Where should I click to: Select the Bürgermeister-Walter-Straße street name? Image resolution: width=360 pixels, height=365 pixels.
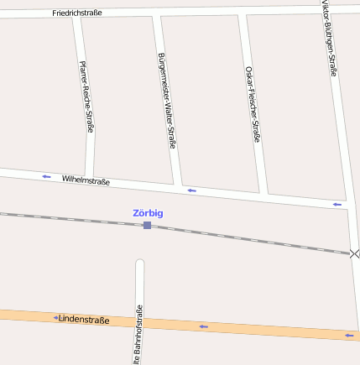tap(166, 101)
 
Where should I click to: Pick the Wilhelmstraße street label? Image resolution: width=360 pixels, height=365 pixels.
tap(86, 180)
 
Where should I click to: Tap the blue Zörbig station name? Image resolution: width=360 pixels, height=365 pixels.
tap(148, 213)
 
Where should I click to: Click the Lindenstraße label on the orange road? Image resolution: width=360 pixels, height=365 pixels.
tap(84, 319)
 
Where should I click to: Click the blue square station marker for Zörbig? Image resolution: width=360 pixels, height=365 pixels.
tap(147, 225)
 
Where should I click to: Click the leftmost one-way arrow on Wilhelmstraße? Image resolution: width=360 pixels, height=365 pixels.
tap(46, 176)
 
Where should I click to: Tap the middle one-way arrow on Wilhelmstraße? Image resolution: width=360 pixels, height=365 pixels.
tap(191, 191)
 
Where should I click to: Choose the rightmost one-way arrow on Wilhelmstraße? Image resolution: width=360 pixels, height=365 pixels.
tap(337, 204)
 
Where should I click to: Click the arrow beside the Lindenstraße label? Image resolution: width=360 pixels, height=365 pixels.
tap(55, 318)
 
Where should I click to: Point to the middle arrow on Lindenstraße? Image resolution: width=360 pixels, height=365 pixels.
tap(203, 326)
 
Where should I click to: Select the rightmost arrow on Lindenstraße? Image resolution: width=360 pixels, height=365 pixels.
tap(349, 336)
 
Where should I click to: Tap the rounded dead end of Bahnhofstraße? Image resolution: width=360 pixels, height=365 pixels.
tap(140, 263)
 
